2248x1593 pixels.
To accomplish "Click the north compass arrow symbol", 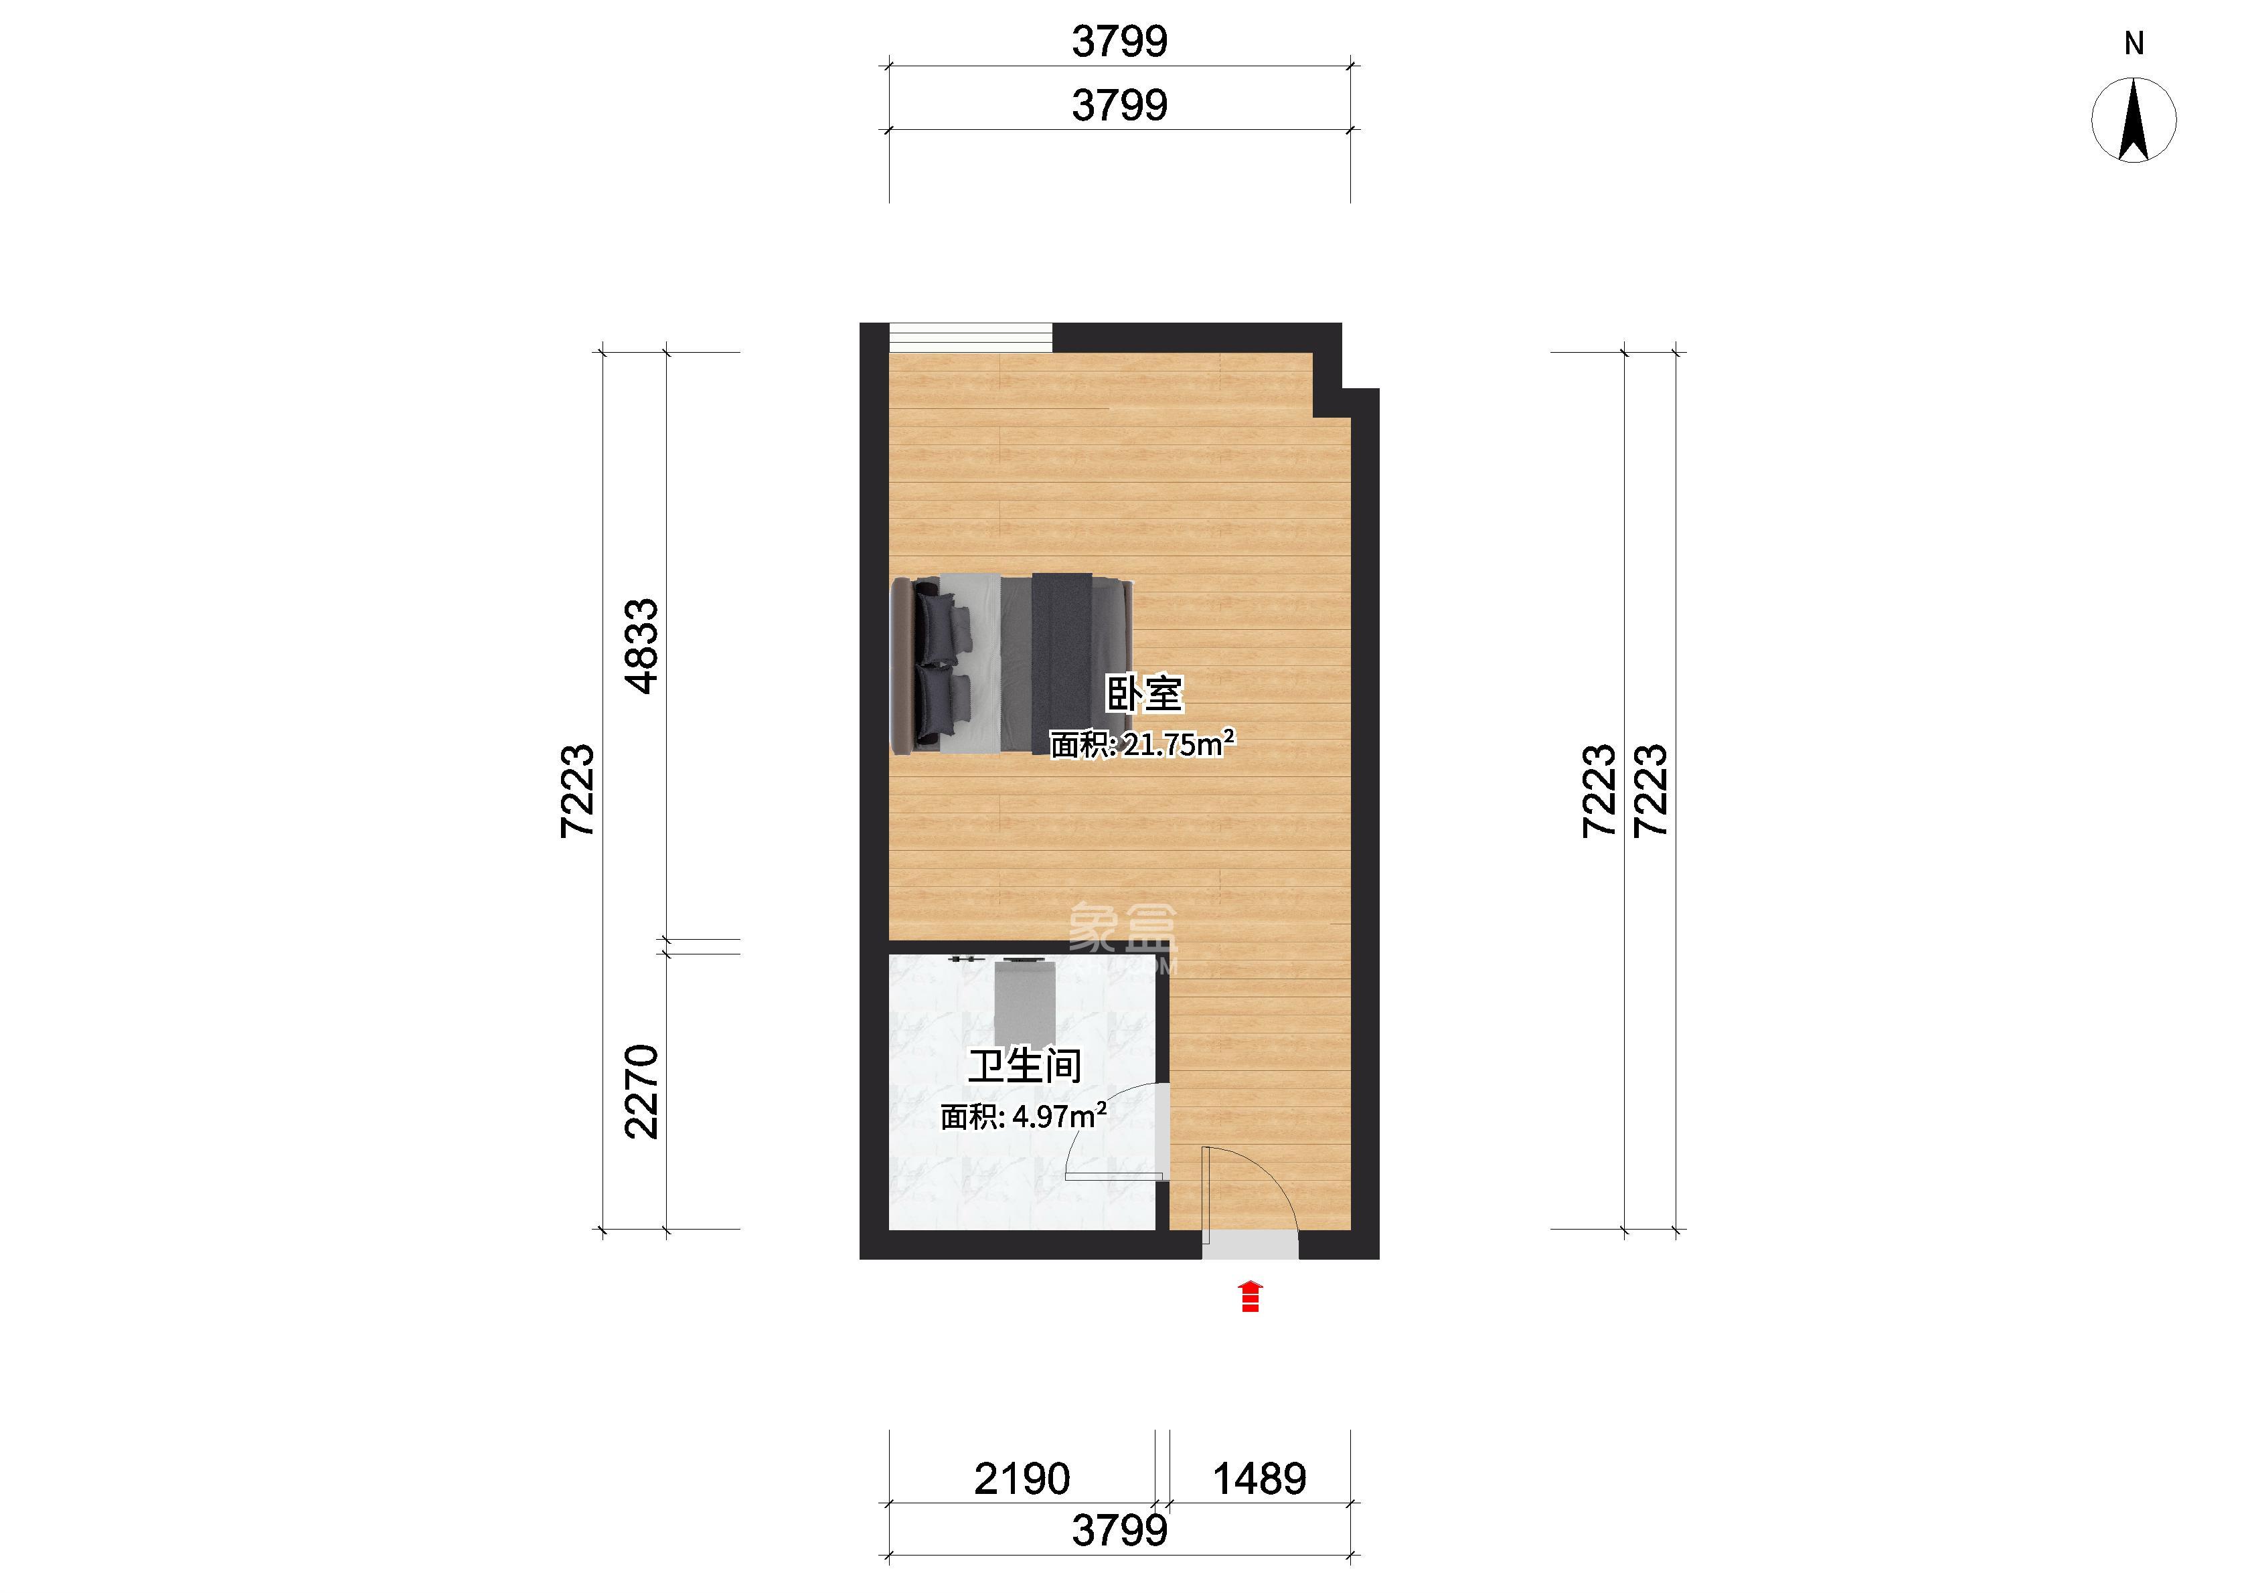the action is click(2134, 120).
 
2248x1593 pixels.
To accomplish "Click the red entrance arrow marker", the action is click(1250, 1296).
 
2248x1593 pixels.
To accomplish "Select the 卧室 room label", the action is click(1145, 693).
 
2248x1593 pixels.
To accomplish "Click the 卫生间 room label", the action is click(1025, 1066).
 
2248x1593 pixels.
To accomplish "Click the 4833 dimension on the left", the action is click(643, 647).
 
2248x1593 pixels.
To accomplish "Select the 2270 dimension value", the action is click(643, 1092).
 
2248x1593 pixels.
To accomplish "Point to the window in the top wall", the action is click(971, 337).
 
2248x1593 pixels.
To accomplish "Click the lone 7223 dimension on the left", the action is click(578, 790).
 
